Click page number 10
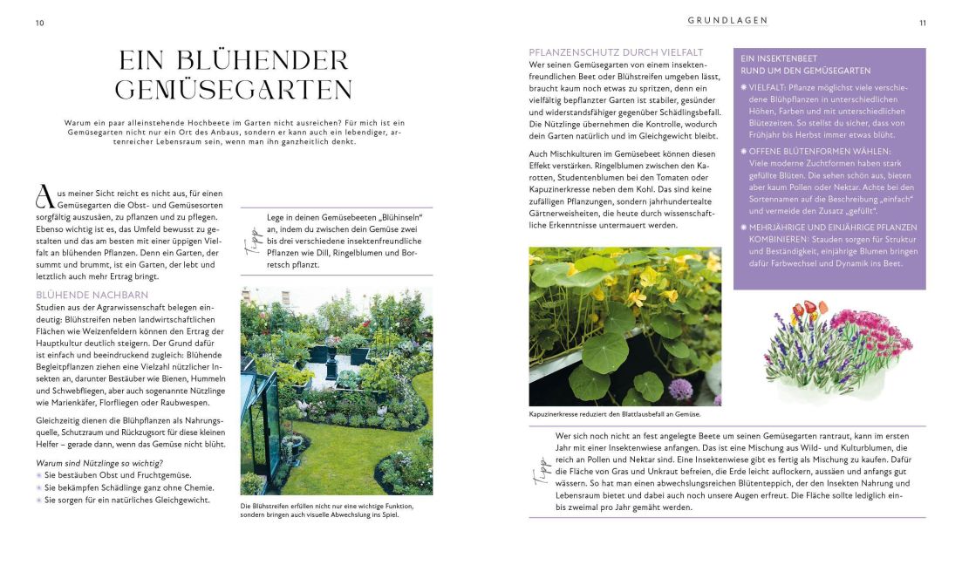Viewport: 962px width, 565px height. [39, 23]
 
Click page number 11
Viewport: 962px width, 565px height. [923, 23]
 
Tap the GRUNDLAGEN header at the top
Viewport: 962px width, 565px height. [727, 20]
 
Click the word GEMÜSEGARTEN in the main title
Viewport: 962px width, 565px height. [234, 90]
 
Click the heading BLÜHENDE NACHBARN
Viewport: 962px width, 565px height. [92, 296]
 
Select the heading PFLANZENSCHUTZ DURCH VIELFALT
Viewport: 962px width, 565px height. [616, 52]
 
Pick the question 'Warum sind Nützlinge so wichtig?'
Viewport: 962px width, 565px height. [99, 462]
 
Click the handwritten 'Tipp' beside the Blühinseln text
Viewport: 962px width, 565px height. [256, 241]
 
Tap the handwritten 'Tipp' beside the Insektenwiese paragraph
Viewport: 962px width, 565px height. [538, 473]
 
